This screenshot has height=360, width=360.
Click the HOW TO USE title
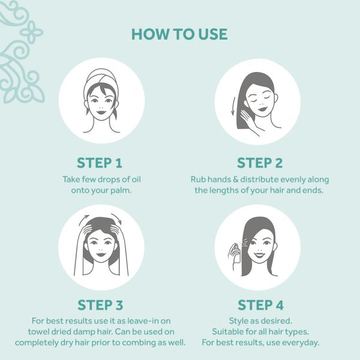pos(179,34)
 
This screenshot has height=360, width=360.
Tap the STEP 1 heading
pos(100,163)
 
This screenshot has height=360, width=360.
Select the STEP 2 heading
pos(260,163)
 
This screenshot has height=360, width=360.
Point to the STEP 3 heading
pos(100,305)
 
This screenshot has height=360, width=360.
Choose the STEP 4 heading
pos(260,305)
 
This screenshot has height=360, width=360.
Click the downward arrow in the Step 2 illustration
pos(233,106)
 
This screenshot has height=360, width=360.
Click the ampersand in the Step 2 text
pos(235,179)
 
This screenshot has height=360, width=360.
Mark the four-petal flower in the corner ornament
pos(31,32)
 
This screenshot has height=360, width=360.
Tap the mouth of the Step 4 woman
pos(259,255)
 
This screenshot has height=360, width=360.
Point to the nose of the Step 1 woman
pos(101,107)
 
